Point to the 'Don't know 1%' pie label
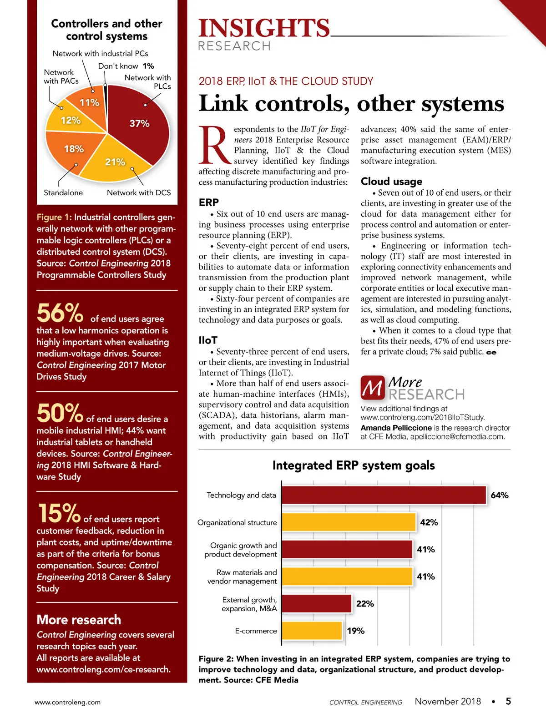pos(126,66)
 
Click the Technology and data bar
pos(384,495)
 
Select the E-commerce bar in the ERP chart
pos(312,631)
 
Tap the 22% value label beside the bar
pos(365,604)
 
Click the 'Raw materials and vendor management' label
pos(243,576)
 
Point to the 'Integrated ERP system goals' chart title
pos(354,465)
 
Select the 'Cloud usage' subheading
pos(391,182)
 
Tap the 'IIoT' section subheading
pos(208,340)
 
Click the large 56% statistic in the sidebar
pos(60,313)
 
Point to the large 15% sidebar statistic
pos(59,513)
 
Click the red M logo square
pos(373,388)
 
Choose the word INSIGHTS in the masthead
pos(264,28)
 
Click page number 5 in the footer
pos(508,701)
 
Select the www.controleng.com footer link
pos(68,702)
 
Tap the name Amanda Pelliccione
pos(396,428)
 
